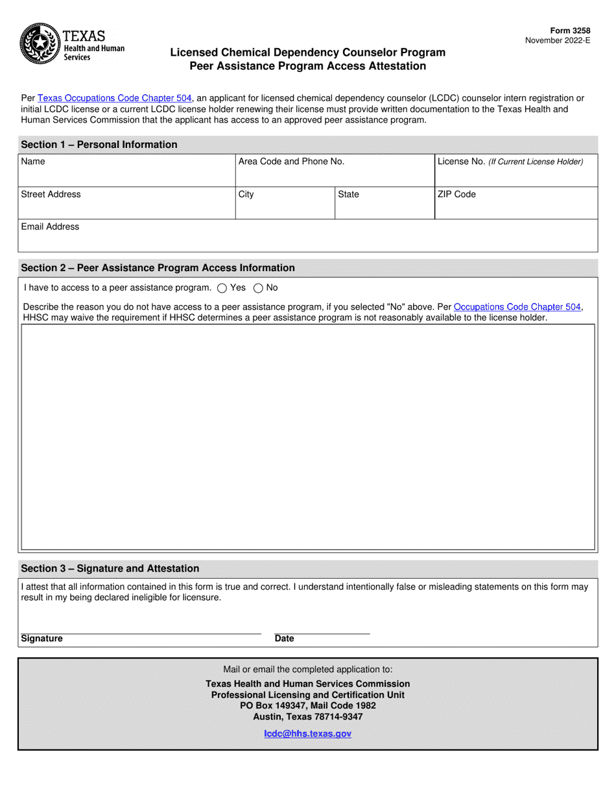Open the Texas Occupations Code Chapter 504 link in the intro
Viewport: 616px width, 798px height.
click(115, 98)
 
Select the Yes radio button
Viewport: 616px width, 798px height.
click(222, 288)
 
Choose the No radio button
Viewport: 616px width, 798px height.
click(257, 288)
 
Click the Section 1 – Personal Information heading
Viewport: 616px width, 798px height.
click(99, 144)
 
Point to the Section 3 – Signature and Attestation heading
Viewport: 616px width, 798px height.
click(110, 568)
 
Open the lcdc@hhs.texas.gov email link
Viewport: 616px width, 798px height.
click(307, 733)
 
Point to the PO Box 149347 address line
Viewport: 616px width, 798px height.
click(307, 706)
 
